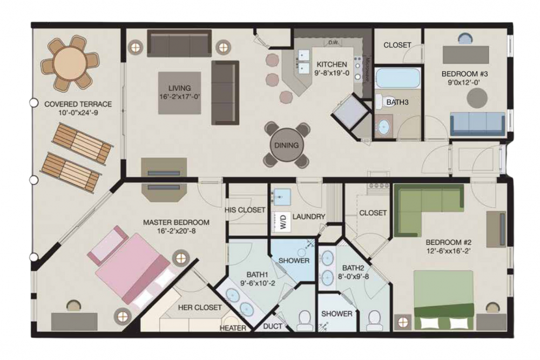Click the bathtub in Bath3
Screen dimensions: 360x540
click(397, 79)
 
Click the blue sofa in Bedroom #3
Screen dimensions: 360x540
click(477, 123)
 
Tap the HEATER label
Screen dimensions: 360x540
click(233, 328)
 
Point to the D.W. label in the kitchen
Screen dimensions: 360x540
click(332, 42)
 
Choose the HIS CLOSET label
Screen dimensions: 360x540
click(245, 209)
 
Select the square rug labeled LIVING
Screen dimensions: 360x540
click(180, 92)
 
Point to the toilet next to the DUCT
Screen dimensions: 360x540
click(305, 320)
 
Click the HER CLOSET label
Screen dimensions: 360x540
click(200, 308)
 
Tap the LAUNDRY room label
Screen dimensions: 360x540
click(309, 217)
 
